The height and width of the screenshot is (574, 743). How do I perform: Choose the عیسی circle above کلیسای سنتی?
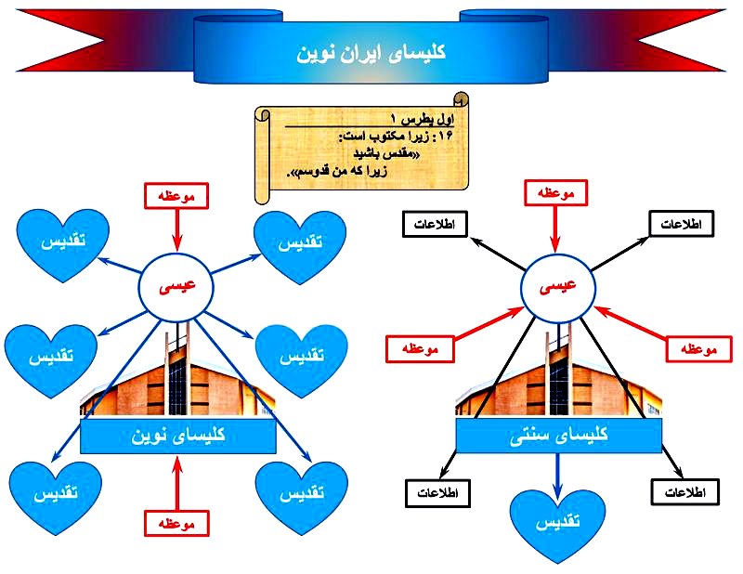tap(557, 287)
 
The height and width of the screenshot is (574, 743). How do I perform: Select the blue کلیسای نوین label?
tap(177, 436)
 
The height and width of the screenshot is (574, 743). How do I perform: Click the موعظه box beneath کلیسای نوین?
tap(177, 524)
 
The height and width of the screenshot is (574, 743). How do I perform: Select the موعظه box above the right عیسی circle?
tap(557, 194)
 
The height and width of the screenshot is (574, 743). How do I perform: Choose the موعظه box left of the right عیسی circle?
tap(419, 349)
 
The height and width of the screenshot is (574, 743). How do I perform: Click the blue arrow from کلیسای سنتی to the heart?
tap(558, 473)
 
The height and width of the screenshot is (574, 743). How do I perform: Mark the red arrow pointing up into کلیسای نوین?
tap(177, 482)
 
